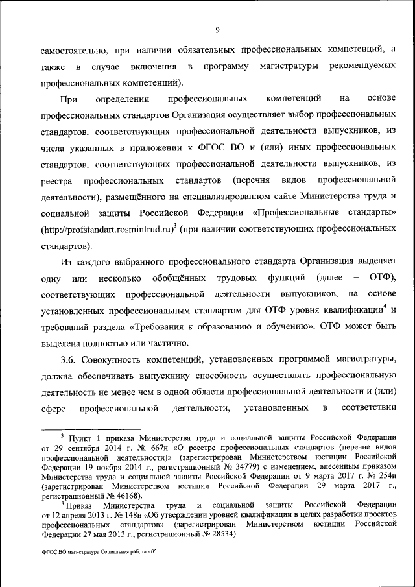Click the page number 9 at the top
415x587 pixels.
coord(218,29)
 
